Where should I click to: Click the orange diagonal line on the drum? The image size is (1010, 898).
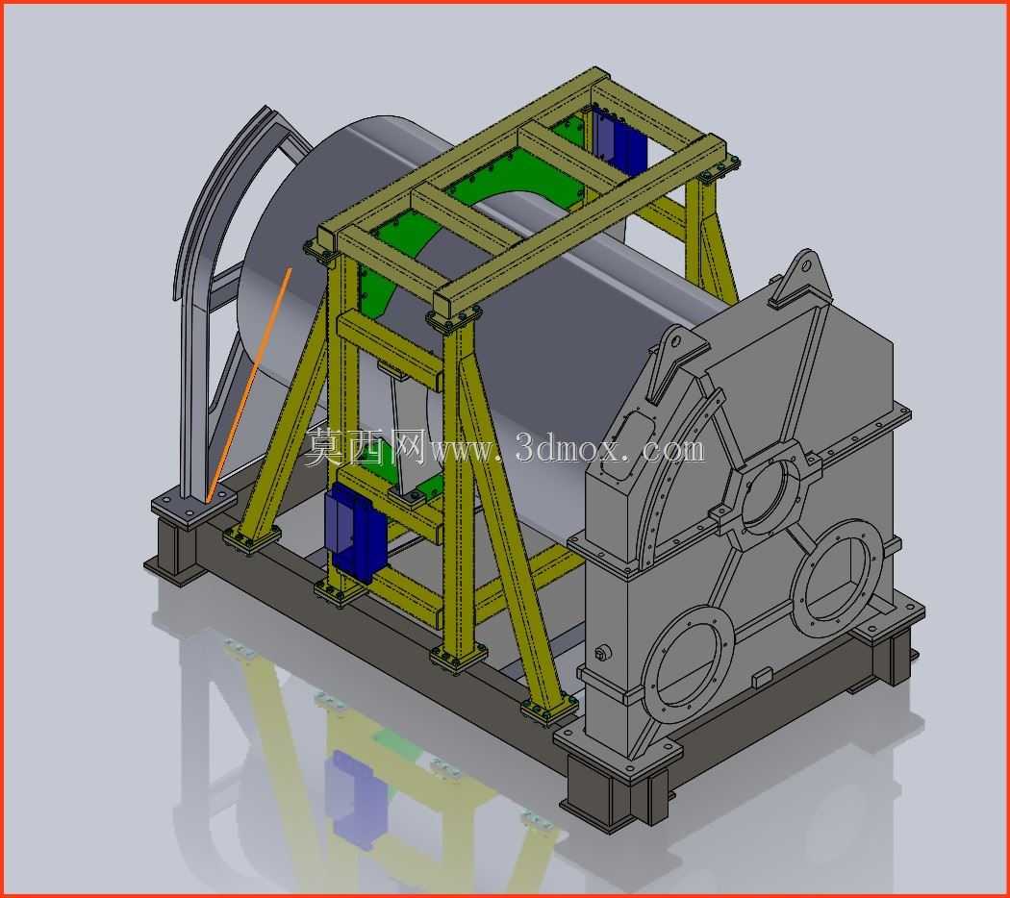click(249, 385)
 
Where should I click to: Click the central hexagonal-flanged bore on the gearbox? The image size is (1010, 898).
click(767, 496)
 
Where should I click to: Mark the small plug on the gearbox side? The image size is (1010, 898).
click(603, 653)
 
